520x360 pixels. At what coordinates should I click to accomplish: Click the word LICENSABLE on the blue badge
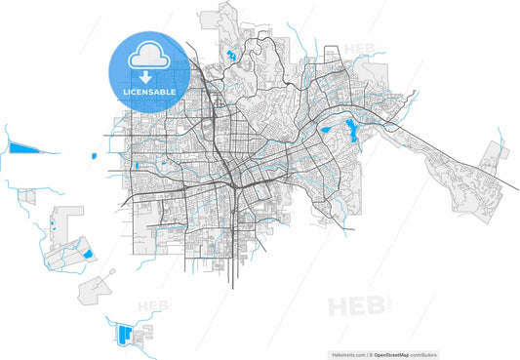(149, 92)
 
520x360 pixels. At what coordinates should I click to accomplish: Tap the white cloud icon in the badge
(149, 57)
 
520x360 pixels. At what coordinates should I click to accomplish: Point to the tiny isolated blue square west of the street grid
(94, 155)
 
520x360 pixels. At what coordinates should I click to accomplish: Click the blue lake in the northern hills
(231, 55)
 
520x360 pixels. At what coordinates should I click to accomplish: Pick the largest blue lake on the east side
(348, 128)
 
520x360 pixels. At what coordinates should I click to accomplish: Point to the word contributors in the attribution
(422, 355)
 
